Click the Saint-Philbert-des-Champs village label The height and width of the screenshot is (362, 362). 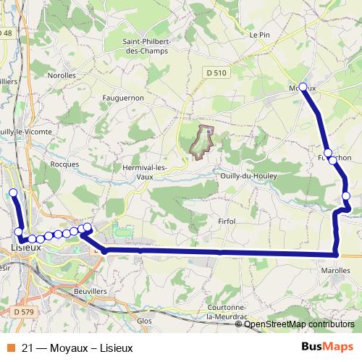(x=146, y=46)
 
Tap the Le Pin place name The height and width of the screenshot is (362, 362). (x=259, y=34)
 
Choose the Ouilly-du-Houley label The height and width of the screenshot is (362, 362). (x=248, y=174)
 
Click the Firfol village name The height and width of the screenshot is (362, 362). (x=227, y=221)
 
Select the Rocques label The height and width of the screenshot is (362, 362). (x=65, y=164)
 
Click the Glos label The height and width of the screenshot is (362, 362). (x=144, y=319)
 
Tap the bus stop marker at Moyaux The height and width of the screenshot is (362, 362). (x=303, y=87)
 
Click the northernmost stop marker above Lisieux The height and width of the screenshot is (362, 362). (x=12, y=193)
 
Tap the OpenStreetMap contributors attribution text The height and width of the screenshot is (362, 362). (x=298, y=324)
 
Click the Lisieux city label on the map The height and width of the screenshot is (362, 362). (x=25, y=248)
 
